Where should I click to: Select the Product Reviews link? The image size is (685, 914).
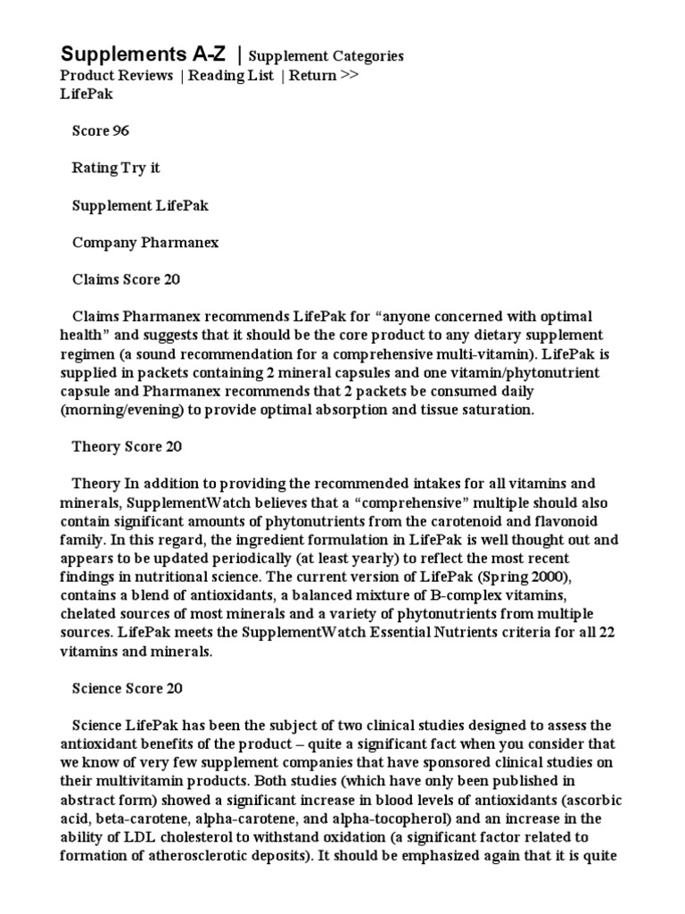point(116,76)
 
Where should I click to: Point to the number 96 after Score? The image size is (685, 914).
point(120,131)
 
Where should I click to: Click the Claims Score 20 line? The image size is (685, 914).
point(126,279)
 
